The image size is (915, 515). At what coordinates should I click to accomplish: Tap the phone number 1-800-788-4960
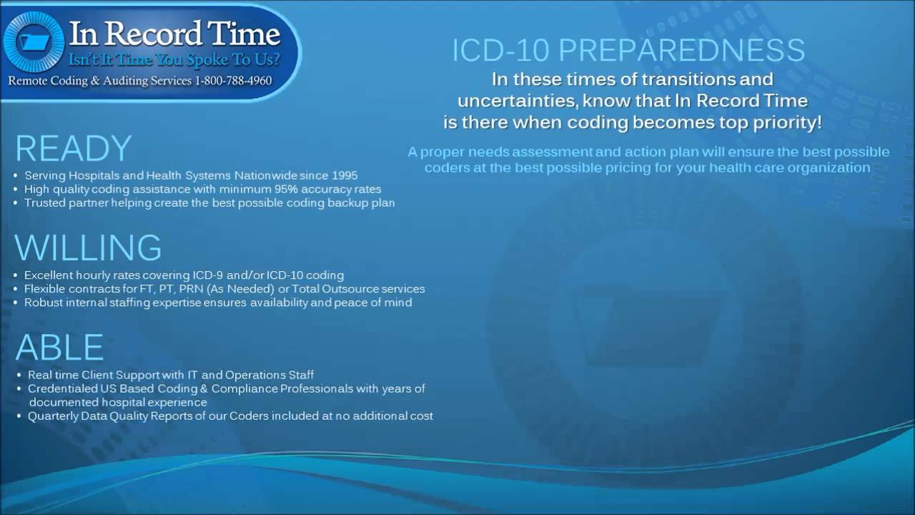click(233, 81)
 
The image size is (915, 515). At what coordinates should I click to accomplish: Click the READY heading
click(73, 149)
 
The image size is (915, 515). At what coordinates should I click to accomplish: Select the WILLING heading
click(88, 247)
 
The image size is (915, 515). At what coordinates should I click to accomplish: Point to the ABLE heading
click(59, 348)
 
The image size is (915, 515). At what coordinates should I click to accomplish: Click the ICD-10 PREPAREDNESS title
click(628, 51)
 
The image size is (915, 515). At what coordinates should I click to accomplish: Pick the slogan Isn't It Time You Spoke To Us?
click(174, 59)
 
